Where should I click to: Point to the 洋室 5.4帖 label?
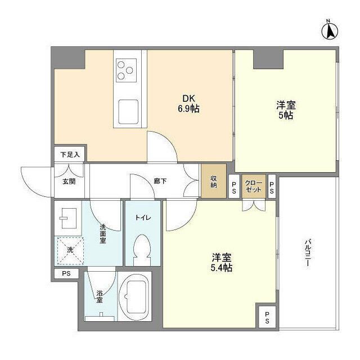tap(222, 262)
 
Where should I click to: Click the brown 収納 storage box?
tap(214, 181)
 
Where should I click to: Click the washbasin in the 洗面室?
tap(69, 217)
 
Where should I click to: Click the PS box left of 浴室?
tap(67, 274)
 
